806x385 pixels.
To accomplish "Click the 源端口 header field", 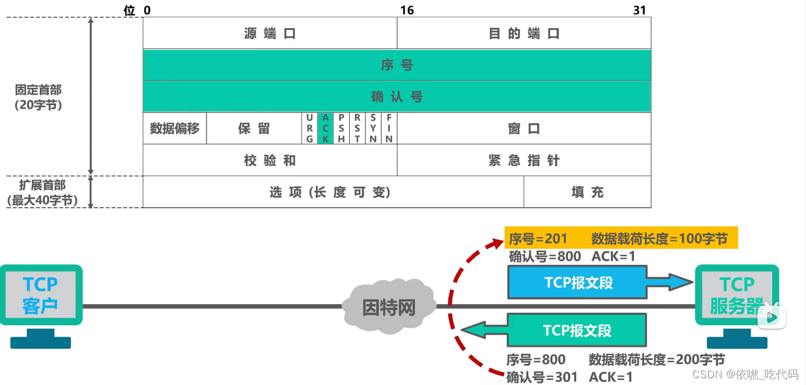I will click(x=270, y=34).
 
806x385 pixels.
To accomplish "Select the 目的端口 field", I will click(x=524, y=34).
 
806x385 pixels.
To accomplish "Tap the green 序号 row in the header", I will click(x=397, y=65).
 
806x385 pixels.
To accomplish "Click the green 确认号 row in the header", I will click(x=397, y=96).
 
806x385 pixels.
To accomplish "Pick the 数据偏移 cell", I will click(x=175, y=128).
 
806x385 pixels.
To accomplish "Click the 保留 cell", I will click(x=254, y=128).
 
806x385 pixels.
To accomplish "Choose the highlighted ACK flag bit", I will click(x=325, y=128).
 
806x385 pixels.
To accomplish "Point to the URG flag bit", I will click(x=310, y=128).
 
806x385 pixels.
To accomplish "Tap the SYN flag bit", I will click(x=373, y=128).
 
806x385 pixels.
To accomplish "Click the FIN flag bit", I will click(x=389, y=128).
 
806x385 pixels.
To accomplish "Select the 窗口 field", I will click(x=524, y=128).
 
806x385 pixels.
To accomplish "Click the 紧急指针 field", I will click(x=524, y=160).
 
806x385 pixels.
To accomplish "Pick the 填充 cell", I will click(x=587, y=192).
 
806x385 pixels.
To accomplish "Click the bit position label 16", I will click(x=407, y=10).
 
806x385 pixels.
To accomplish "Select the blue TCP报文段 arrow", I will click(x=589, y=282).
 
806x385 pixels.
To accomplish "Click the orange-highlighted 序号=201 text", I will click(x=538, y=239).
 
